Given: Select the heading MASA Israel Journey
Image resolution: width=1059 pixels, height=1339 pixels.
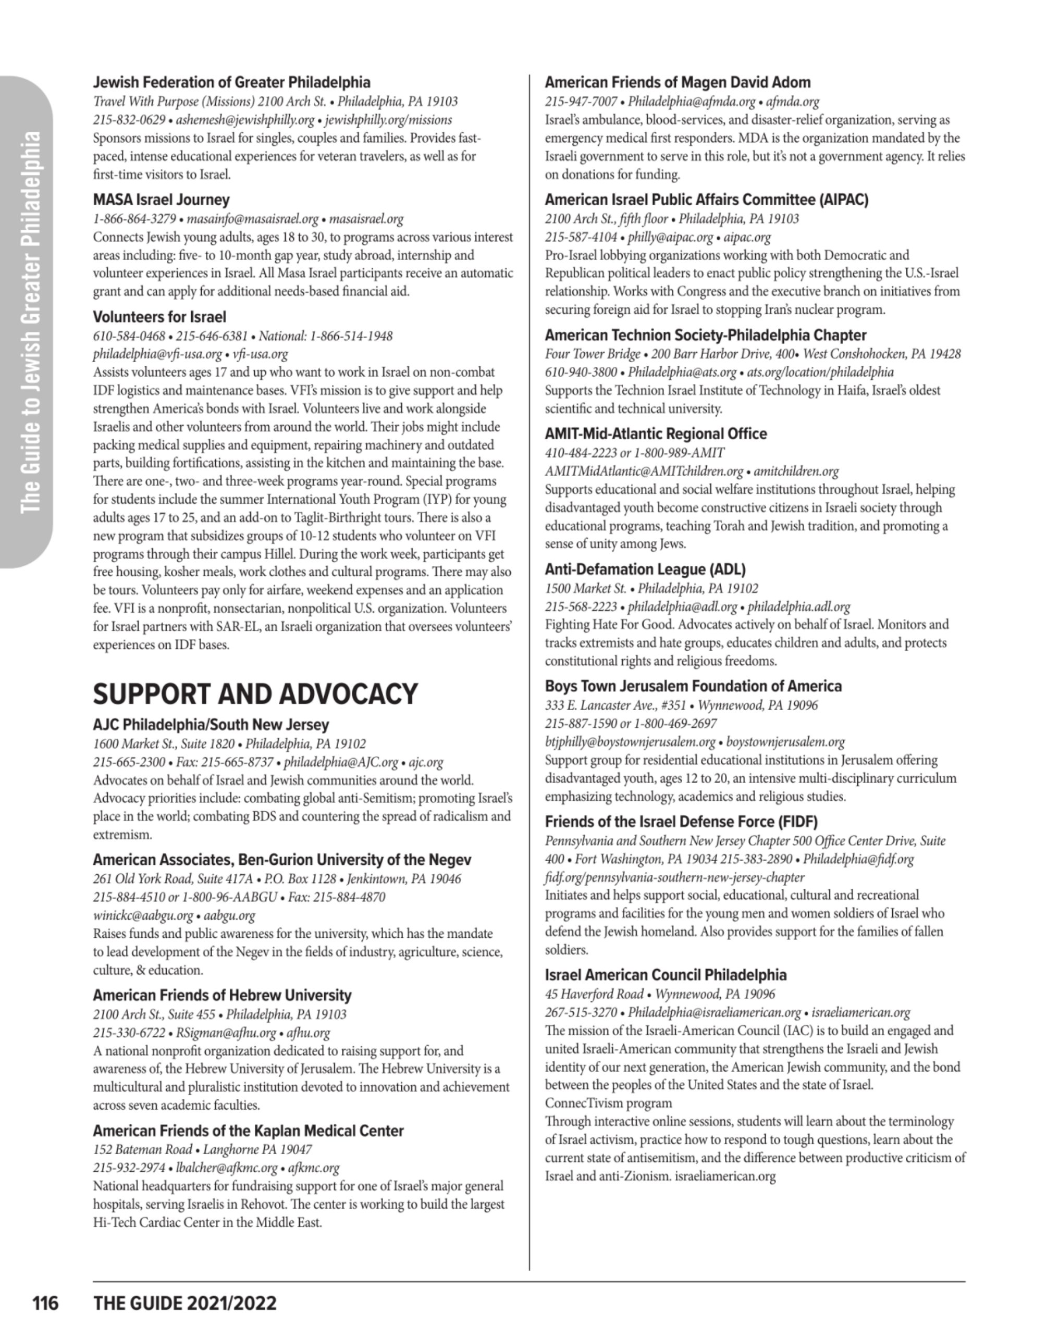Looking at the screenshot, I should [161, 200].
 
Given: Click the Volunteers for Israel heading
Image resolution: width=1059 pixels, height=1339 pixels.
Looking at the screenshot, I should [159, 317].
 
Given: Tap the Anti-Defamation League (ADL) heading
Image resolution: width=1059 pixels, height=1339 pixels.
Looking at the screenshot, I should [645, 569].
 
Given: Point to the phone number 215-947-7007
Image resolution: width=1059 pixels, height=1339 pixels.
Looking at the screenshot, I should [581, 102].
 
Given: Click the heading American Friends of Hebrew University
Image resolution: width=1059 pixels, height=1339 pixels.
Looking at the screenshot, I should [222, 996].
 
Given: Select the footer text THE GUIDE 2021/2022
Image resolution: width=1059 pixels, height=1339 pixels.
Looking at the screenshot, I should [185, 1303].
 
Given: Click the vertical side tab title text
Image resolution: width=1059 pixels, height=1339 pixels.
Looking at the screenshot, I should [31, 323].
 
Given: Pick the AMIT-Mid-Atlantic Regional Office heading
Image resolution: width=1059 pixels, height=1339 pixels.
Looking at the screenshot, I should [656, 434].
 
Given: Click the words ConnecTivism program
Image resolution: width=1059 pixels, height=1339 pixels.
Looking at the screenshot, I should [608, 1103].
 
